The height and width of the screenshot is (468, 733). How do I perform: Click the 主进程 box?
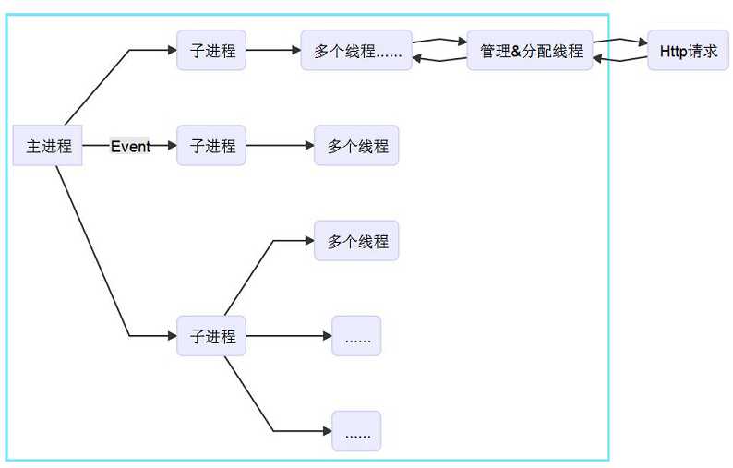point(48,146)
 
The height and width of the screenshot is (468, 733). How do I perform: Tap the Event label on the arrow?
point(130,146)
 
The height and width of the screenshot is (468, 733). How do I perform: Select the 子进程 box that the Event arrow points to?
point(211,146)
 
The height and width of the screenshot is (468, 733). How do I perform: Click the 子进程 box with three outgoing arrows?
point(211,336)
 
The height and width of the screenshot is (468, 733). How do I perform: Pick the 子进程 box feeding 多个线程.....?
point(211,51)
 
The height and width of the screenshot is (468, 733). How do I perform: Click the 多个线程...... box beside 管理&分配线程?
point(356,51)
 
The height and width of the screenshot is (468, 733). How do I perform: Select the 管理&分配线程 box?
point(530,51)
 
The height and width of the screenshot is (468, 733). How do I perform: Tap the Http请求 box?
point(688,51)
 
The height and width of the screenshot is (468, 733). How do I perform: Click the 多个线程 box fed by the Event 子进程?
point(356,146)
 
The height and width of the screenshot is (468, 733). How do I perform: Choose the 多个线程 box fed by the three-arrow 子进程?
point(356,241)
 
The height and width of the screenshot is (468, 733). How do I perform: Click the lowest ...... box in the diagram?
point(356,431)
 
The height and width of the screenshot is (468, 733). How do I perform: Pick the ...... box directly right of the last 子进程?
point(356,336)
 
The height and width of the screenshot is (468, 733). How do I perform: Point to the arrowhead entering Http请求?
point(643,42)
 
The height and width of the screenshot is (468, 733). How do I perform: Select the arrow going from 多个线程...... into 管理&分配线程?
point(439,41)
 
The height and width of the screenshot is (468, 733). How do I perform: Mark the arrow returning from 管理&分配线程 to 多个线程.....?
point(439,60)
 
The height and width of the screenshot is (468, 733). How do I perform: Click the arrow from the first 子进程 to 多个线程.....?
point(272,51)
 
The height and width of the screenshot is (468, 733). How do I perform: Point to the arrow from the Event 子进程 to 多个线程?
point(279,146)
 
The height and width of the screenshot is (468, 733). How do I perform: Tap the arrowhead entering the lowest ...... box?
point(327,431)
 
